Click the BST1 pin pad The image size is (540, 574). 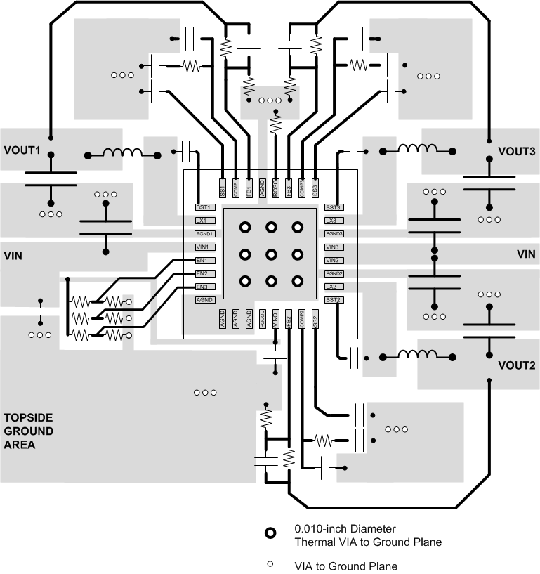click(204, 207)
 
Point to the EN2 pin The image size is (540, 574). click(204, 273)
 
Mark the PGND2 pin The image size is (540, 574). click(334, 273)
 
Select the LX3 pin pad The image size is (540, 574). click(334, 221)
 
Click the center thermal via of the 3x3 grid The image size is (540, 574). click(271, 254)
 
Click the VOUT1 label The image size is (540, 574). click(23, 150)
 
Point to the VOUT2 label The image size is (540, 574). click(516, 365)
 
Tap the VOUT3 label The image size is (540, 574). click(516, 151)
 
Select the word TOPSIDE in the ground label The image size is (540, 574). click(28, 416)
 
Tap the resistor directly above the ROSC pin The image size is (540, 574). click(275, 125)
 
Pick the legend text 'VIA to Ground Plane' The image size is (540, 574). click(345, 566)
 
